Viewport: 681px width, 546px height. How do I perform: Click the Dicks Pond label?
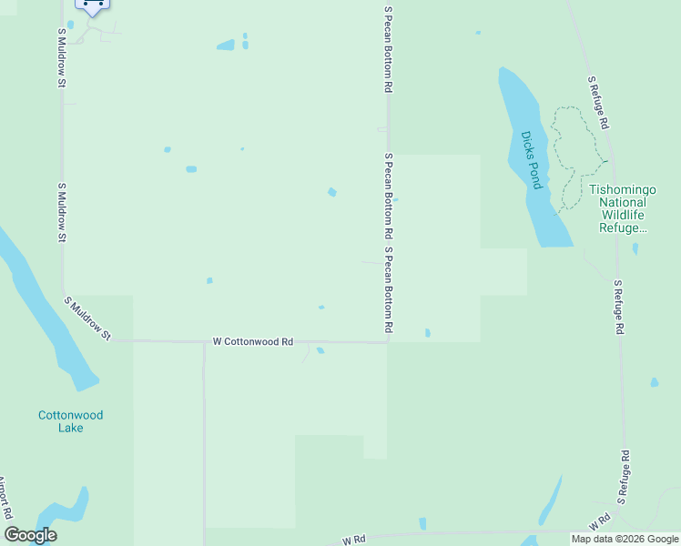[x=532, y=160]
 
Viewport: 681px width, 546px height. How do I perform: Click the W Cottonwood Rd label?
[x=253, y=342]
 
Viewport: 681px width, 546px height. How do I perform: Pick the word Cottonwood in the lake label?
[x=70, y=415]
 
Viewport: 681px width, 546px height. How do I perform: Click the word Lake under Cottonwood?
[x=70, y=428]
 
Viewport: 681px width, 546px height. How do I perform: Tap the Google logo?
[x=30, y=535]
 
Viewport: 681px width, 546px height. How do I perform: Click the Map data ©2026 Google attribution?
[x=625, y=539]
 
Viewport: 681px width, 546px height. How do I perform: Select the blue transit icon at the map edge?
[x=92, y=5]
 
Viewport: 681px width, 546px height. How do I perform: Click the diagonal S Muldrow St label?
[x=86, y=318]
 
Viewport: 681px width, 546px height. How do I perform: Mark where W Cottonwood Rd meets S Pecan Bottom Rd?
[x=389, y=342]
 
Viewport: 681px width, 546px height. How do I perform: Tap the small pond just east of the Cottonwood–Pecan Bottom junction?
[x=427, y=333]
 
